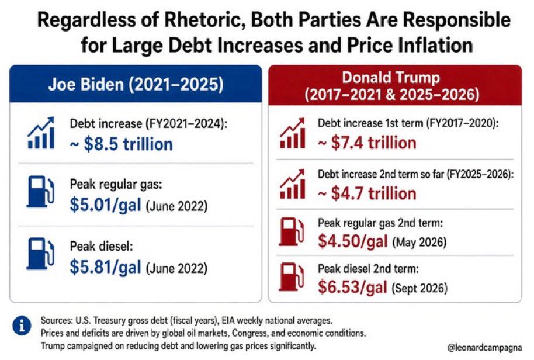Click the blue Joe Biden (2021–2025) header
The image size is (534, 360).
point(136,84)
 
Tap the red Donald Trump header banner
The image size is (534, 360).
point(395,85)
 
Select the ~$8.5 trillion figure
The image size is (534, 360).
point(122,144)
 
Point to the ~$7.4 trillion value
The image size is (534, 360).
point(367,143)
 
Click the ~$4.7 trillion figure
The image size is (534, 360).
point(367,193)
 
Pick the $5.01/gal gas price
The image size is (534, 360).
point(105,205)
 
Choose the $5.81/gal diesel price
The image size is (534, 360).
point(105,266)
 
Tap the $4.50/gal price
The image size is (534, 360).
point(353,241)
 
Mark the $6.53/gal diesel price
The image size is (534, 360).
point(352,287)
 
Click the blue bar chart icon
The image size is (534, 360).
point(41,133)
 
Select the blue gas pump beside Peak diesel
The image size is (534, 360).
point(40,254)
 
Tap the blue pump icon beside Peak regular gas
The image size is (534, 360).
point(40,192)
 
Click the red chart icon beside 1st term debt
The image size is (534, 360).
point(292,133)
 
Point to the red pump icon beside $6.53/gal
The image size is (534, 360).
point(292,277)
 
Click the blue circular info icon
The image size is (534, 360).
point(22,326)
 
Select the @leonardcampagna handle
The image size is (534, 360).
point(484,348)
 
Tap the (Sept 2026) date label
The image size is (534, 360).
point(419,288)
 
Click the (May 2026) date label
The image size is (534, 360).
point(419,242)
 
